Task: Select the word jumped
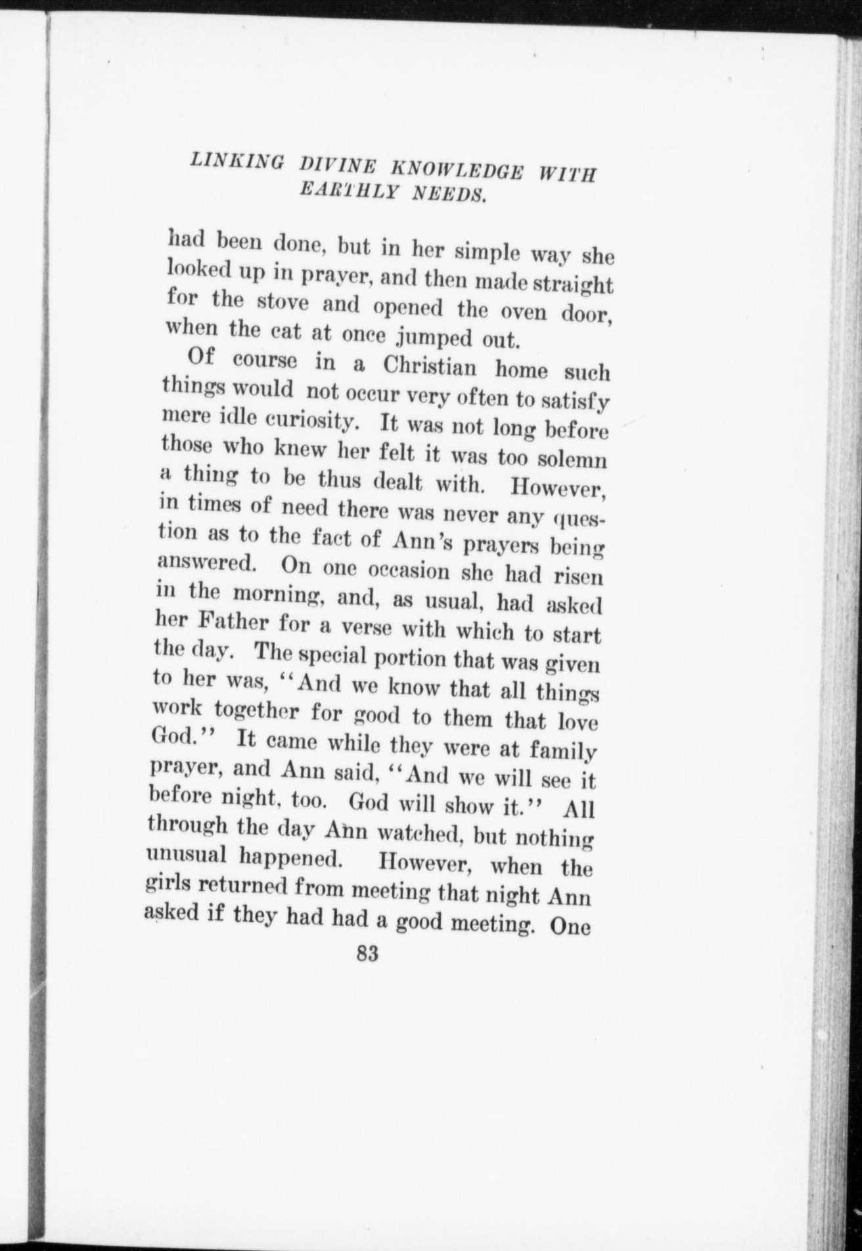pos(430,338)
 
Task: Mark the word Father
pos(233,620)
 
